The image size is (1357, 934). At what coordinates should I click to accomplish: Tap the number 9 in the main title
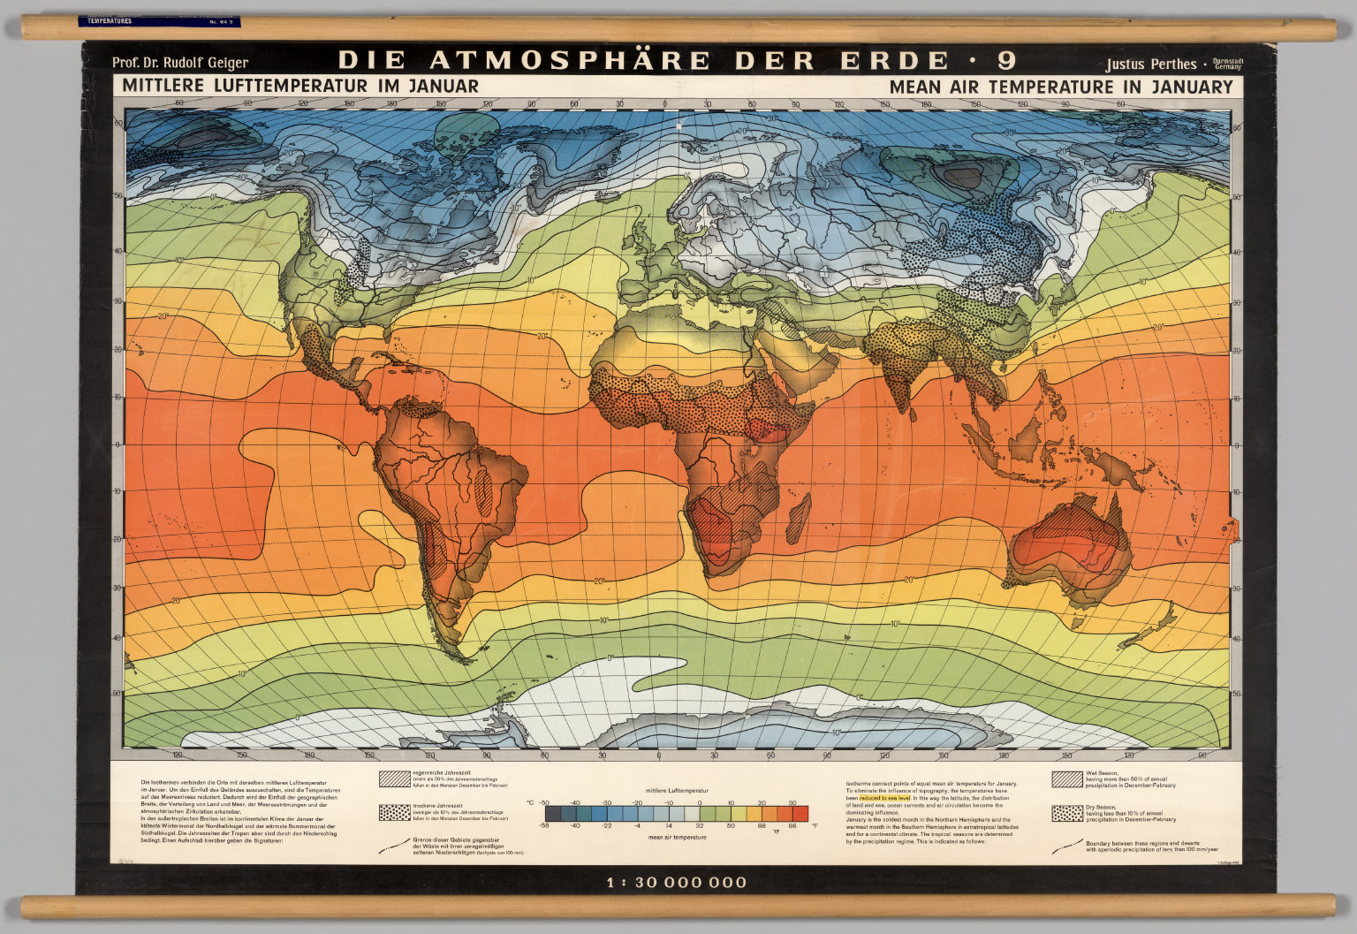[x=1006, y=61]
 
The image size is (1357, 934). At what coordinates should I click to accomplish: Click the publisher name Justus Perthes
[x=1150, y=64]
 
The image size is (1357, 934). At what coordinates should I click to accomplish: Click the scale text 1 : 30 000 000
[x=677, y=882]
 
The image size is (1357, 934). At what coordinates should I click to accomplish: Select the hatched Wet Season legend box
[x=1066, y=778]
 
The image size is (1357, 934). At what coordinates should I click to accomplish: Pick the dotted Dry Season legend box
[x=1066, y=813]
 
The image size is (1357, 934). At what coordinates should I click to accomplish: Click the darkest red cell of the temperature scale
[x=800, y=813]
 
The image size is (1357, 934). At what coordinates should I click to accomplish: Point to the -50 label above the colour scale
[x=544, y=802]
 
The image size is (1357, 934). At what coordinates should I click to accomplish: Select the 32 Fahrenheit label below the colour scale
[x=699, y=824]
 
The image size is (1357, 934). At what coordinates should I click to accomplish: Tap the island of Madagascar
[x=797, y=517]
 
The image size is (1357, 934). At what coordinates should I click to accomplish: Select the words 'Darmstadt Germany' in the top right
[x=1229, y=64]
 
